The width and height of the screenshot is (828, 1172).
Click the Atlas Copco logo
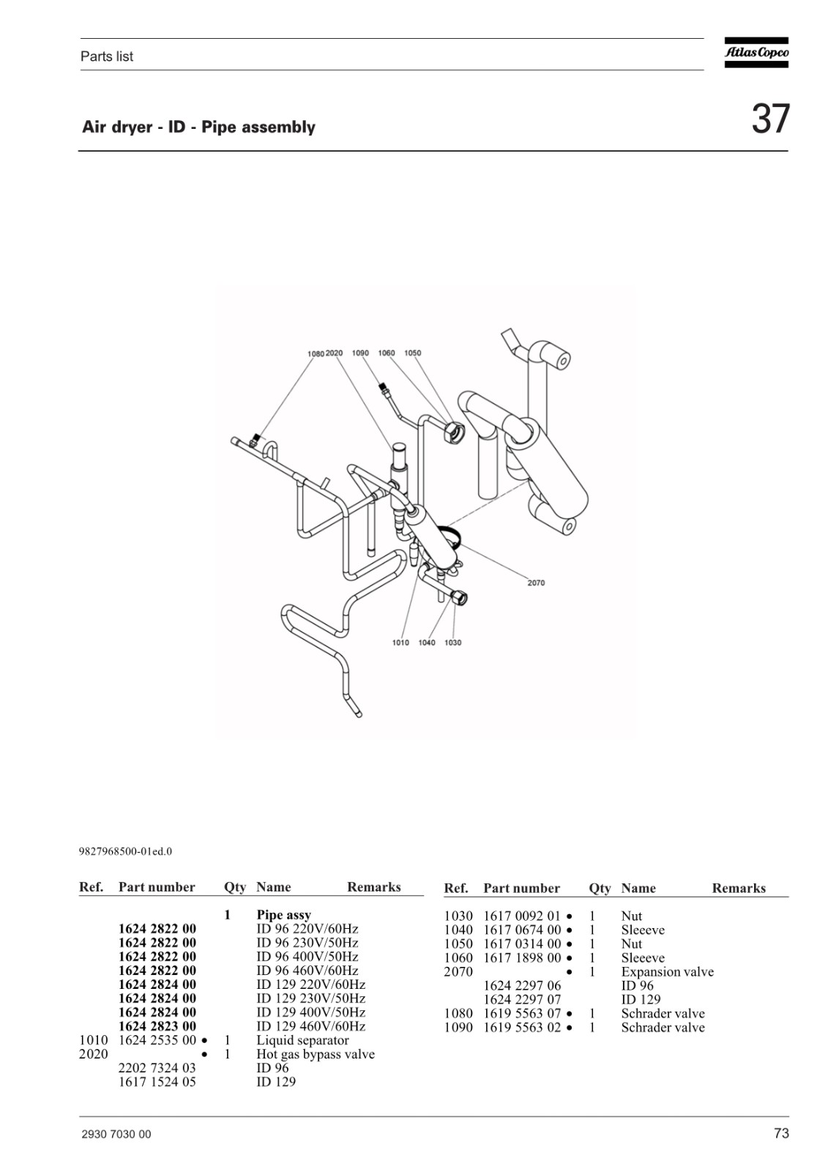(x=756, y=52)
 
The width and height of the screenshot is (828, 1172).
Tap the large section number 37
(x=770, y=119)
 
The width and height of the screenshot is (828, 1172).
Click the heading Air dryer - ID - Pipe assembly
(x=198, y=127)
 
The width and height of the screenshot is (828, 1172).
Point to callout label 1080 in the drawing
(x=316, y=354)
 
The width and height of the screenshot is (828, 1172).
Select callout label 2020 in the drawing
(x=335, y=353)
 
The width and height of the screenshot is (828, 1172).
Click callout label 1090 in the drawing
(x=360, y=353)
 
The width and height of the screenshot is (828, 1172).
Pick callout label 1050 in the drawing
(x=413, y=353)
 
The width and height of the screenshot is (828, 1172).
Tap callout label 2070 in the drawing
(x=536, y=583)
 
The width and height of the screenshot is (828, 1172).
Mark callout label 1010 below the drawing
(x=400, y=642)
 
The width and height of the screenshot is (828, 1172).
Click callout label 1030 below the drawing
(x=453, y=642)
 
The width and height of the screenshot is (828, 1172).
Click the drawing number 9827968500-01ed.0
(x=125, y=852)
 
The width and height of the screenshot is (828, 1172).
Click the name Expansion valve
(x=668, y=972)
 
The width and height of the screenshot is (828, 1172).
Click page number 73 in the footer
(x=781, y=1133)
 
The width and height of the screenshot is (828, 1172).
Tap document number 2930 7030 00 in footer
(x=116, y=1135)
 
